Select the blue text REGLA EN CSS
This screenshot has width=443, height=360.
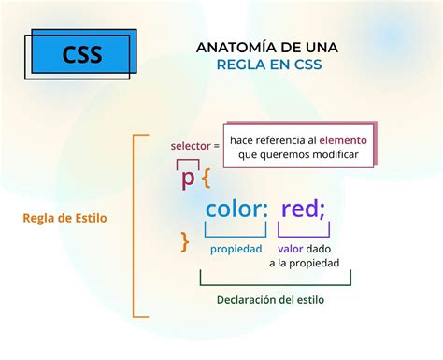(267, 65)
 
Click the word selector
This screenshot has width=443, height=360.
(190, 146)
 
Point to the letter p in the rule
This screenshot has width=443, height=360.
(189, 177)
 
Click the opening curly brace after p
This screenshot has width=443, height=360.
(206, 178)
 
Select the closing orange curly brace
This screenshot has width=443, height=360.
(185, 241)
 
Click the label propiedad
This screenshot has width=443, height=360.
(236, 249)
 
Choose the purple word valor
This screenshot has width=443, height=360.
(292, 249)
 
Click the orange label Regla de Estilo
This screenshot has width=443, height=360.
(65, 218)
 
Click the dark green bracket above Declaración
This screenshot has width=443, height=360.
(275, 281)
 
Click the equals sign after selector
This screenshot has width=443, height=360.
(216, 146)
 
